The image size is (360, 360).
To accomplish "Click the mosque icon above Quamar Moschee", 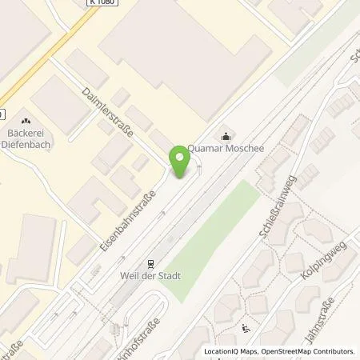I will pos(227,135).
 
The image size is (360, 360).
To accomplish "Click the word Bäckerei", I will pos(25,133).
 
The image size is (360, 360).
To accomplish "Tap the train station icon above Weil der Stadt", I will pos(148,265).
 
